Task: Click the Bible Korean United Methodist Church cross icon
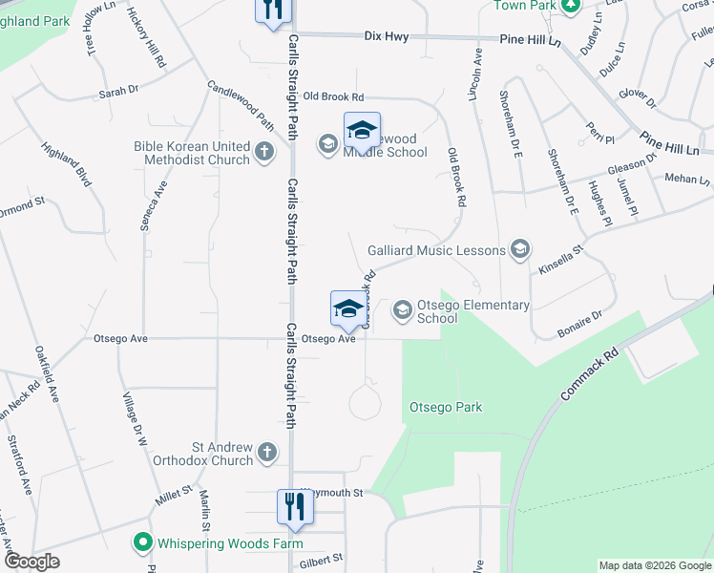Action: (264, 150)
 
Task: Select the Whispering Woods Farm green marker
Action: (143, 542)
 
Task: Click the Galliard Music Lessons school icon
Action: (519, 250)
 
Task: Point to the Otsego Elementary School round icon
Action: (402, 309)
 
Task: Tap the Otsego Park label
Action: (446, 407)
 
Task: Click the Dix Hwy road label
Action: (387, 37)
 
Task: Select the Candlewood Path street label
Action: (241, 105)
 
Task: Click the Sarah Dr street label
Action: (119, 93)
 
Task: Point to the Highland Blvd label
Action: (66, 164)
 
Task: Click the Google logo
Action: (31, 562)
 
